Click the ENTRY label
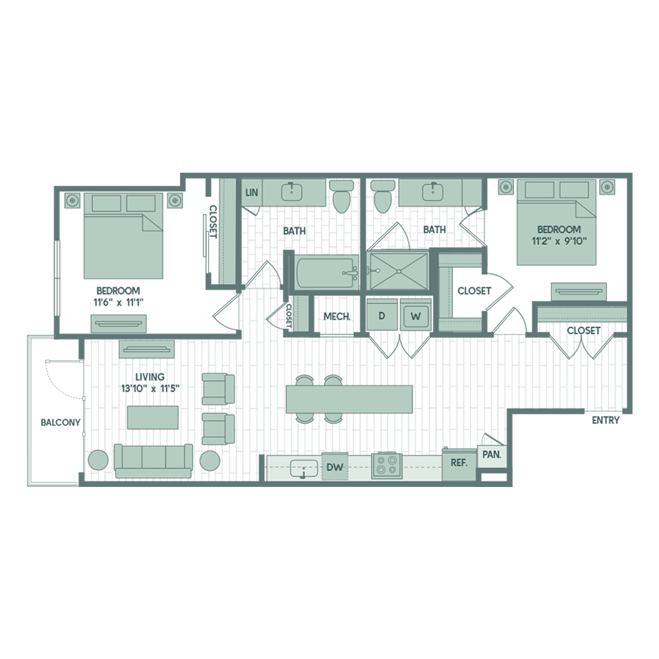point(605,420)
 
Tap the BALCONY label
point(61,422)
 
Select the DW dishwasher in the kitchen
point(335,467)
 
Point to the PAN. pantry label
point(492,455)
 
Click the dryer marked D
point(382,315)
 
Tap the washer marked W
point(415,315)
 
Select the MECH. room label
point(337,316)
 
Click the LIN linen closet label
point(251,192)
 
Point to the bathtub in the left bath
point(327,272)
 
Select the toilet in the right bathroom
point(382,196)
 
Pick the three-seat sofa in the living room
point(154,461)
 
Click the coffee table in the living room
point(153,417)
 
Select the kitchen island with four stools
point(349,399)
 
